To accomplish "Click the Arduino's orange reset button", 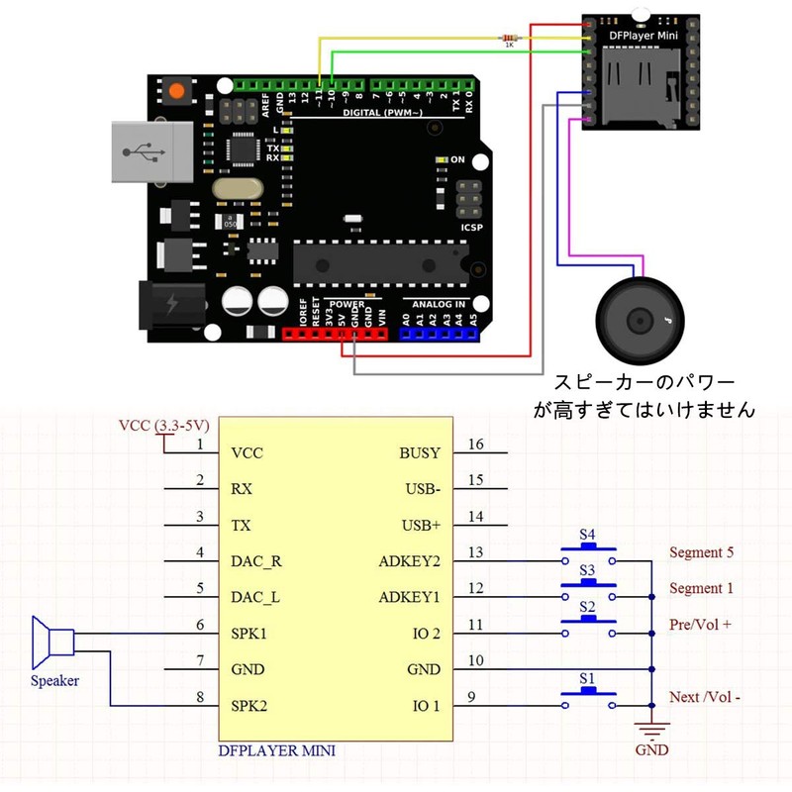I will click(177, 90).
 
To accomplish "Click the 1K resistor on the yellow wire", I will click(509, 39).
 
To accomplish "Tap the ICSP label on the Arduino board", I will click(472, 227).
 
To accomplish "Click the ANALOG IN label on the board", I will click(439, 304).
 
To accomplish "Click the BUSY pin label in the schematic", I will click(420, 452).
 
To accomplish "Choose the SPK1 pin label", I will click(249, 633).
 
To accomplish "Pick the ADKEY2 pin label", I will click(411, 561).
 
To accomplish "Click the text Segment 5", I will click(702, 552).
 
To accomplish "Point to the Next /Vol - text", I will click(705, 697).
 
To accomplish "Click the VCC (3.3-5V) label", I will click(162, 427).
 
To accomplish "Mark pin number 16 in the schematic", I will click(476, 445).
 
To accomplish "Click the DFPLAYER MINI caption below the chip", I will click(276, 750).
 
